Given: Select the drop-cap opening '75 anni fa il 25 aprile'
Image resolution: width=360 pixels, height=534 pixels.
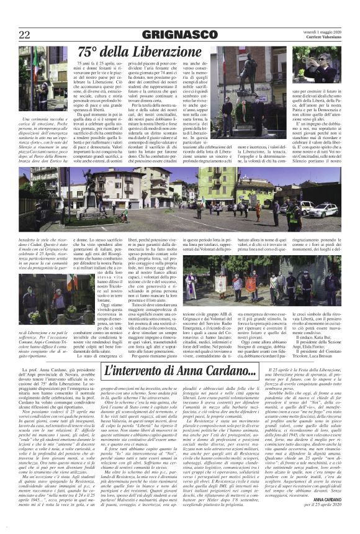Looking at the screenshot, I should point(93,65).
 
